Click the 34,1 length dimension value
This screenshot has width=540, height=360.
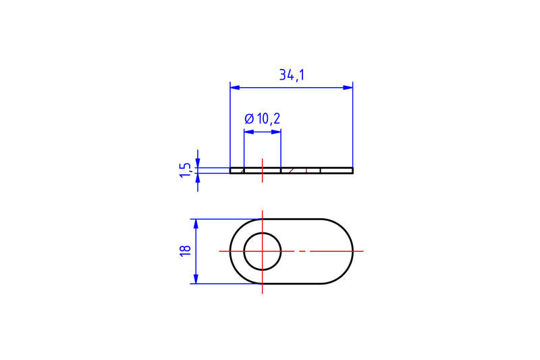[292, 75]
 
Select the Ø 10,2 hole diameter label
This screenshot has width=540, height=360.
[262, 119]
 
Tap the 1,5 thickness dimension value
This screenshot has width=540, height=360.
[184, 170]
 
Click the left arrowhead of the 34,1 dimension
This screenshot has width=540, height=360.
[234, 87]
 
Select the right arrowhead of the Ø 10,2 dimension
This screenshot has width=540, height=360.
[277, 132]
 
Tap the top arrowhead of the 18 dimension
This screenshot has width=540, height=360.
[196, 223]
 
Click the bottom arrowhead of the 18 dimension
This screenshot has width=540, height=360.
[196, 279]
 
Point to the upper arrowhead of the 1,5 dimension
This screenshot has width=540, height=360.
[197, 163]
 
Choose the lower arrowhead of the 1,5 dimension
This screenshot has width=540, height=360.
[197, 177]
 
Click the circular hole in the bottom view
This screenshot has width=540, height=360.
[263, 251]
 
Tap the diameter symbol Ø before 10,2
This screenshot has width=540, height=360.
[249, 119]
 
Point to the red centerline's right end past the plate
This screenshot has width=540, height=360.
[359, 251]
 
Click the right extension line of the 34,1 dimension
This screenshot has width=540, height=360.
[353, 128]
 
